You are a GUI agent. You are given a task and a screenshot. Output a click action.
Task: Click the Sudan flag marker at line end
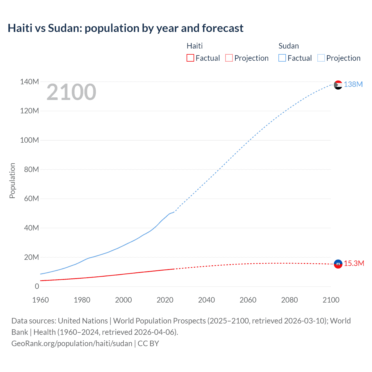point(338,85)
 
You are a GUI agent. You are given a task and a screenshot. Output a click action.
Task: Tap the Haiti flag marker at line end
point(338,264)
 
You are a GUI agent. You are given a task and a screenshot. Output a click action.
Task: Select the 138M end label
point(353,84)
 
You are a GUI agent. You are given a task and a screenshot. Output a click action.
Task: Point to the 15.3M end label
point(354,263)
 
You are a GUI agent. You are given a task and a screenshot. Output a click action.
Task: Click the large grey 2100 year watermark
point(71,92)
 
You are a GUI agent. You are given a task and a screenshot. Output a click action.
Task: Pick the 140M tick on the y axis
point(29,82)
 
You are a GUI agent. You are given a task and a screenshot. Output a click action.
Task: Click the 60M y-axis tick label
point(31,198)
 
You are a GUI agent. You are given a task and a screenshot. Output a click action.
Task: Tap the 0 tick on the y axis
point(37,286)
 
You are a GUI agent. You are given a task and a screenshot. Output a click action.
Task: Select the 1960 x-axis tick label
point(40,300)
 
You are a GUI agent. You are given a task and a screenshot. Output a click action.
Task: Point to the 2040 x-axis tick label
point(206,300)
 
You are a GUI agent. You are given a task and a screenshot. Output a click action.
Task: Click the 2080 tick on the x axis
point(289,300)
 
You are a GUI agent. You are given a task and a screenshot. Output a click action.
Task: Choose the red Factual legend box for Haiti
point(190,58)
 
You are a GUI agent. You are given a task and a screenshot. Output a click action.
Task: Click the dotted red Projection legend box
point(229,58)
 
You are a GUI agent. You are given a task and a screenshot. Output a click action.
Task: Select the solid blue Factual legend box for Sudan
point(282,58)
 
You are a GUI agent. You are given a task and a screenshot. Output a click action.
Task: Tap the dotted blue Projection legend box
point(321,58)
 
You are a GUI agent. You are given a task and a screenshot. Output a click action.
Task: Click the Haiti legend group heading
point(194,46)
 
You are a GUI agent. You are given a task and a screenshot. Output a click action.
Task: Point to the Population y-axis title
point(12,180)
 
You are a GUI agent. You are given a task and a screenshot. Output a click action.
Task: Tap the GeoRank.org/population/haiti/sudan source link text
point(72,343)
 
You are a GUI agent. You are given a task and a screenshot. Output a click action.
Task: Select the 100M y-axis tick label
point(29,140)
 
